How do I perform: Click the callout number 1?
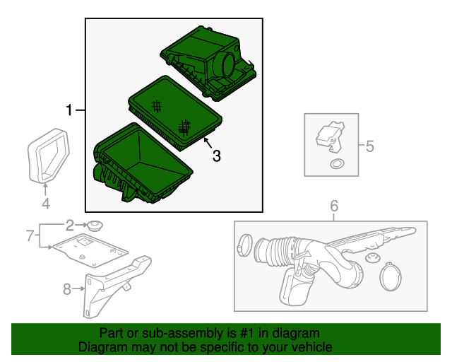[x=69, y=110]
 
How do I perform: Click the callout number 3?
[x=217, y=156]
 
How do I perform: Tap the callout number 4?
[x=46, y=203]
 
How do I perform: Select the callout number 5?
[x=370, y=146]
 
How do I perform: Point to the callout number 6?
[x=334, y=206]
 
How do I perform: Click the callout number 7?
[x=30, y=235]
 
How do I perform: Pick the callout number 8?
[x=67, y=288]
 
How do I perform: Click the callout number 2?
[x=70, y=225]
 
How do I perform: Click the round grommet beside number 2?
[x=95, y=225]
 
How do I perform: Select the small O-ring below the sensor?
[x=337, y=164]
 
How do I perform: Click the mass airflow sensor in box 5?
[x=331, y=136]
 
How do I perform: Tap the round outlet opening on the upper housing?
[x=228, y=65]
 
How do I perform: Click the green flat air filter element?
[x=174, y=113]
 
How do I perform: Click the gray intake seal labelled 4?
[x=49, y=156]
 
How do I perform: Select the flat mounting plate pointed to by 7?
[x=90, y=250]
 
